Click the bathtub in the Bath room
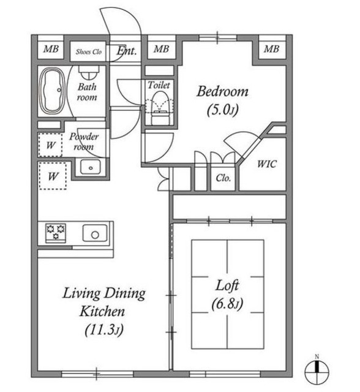53,90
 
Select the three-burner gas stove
56,233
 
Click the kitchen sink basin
95,233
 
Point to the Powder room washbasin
91,167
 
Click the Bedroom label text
222,91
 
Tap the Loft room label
227,285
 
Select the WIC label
267,164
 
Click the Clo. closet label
223,178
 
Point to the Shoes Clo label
89,51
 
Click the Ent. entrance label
127,51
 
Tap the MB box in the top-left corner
51,49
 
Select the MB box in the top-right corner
272,49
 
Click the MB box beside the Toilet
162,49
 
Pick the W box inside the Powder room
50,145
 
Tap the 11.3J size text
104,330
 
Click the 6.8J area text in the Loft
227,304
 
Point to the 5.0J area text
222,110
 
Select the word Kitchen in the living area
102,312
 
